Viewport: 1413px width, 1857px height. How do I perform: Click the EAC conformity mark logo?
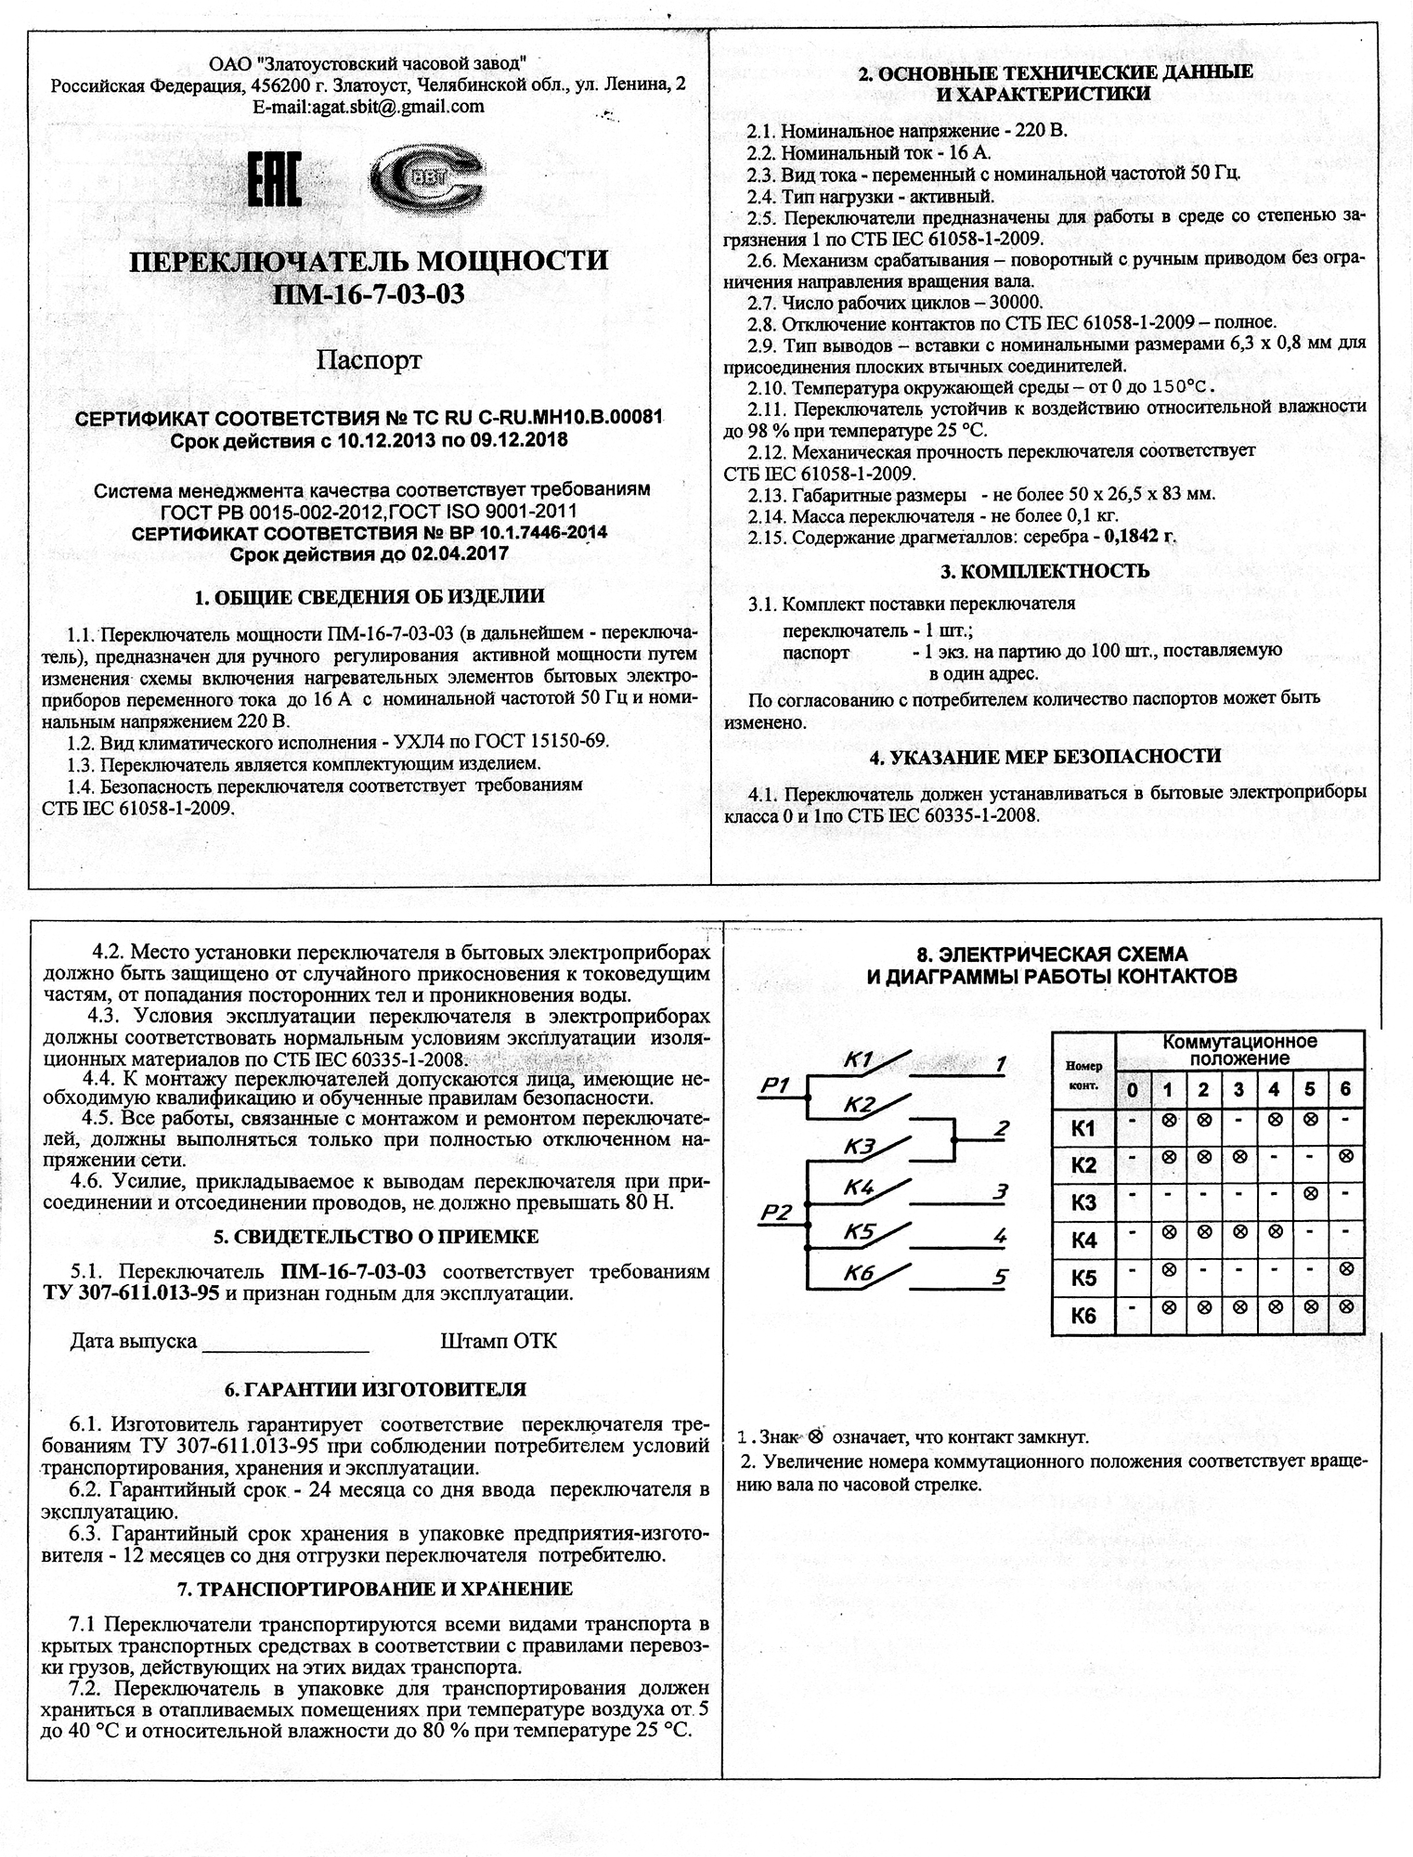(275, 180)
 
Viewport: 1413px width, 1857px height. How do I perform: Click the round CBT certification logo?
(426, 180)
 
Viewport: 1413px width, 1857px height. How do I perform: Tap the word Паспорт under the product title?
(369, 359)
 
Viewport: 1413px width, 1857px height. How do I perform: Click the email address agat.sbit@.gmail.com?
(369, 106)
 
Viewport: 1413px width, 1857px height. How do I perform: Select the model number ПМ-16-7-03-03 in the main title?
(369, 294)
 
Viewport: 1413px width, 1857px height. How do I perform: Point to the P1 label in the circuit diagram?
(773, 1084)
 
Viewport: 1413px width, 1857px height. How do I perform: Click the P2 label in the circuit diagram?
(775, 1212)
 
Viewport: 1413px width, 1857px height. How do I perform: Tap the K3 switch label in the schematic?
(860, 1148)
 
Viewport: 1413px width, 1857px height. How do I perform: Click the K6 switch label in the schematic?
(860, 1274)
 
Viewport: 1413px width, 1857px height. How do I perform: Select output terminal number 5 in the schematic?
(999, 1277)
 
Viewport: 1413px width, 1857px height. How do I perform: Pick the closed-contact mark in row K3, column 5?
(1310, 1193)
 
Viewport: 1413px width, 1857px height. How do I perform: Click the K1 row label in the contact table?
(1083, 1129)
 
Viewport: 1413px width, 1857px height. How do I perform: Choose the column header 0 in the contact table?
(1133, 1090)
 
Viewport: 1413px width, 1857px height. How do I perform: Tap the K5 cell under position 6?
(1345, 1268)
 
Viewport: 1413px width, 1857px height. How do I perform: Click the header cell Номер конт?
(1083, 1075)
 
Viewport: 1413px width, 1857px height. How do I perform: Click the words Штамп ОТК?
(499, 1342)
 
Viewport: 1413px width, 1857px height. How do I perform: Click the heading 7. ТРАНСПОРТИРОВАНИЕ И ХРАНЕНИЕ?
(375, 1588)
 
